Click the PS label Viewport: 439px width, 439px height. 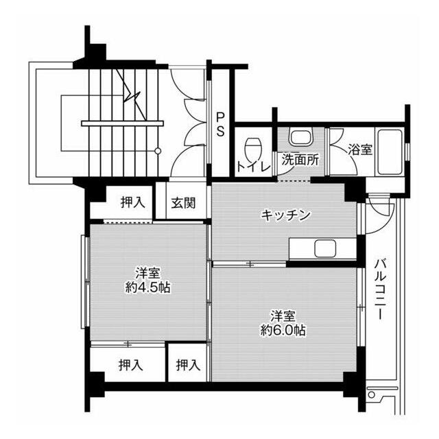(220, 123)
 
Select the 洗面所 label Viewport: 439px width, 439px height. (300, 160)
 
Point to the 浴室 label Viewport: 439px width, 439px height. (360, 149)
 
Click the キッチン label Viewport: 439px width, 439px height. (285, 215)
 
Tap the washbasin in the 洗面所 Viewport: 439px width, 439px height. (299, 137)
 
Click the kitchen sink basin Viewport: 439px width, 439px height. (322, 248)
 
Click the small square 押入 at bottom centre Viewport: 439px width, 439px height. (188, 365)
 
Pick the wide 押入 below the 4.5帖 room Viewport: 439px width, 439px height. (129, 365)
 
